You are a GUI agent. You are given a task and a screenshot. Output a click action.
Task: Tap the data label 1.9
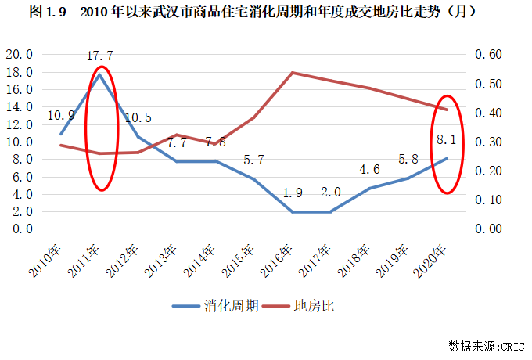click(x=292, y=193)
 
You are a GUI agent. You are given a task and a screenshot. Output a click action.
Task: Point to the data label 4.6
click(x=369, y=169)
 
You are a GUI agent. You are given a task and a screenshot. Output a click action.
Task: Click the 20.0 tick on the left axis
click(x=20, y=55)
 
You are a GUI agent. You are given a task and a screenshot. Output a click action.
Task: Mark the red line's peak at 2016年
click(x=292, y=73)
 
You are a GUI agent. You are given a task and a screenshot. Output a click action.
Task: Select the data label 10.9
click(x=61, y=115)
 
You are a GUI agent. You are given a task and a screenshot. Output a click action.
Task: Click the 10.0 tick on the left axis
click(x=20, y=142)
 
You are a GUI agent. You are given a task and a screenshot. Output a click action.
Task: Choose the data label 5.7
click(x=253, y=160)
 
